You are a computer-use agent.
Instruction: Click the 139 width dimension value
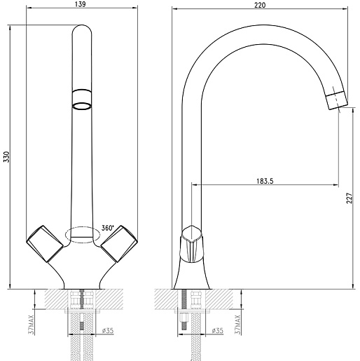click(81, 4)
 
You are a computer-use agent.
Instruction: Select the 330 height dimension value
click(7, 157)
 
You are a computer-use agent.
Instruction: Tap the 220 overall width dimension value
click(260, 5)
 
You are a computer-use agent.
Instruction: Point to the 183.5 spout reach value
click(265, 181)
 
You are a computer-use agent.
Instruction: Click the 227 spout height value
click(349, 198)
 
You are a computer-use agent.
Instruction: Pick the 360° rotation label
click(108, 228)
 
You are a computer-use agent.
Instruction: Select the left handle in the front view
click(45, 243)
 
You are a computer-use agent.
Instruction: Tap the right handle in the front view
click(119, 243)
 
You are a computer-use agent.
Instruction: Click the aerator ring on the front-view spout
click(81, 106)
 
